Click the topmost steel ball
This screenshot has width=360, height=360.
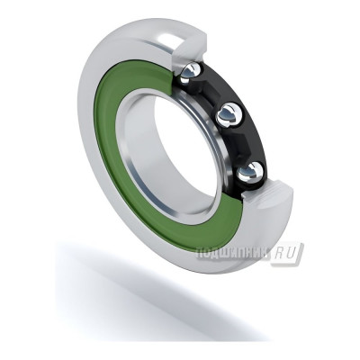tap(193, 72)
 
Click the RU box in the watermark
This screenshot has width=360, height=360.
tap(290, 254)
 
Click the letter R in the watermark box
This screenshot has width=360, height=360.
tap(284, 254)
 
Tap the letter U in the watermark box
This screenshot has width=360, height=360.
tap(295, 254)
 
